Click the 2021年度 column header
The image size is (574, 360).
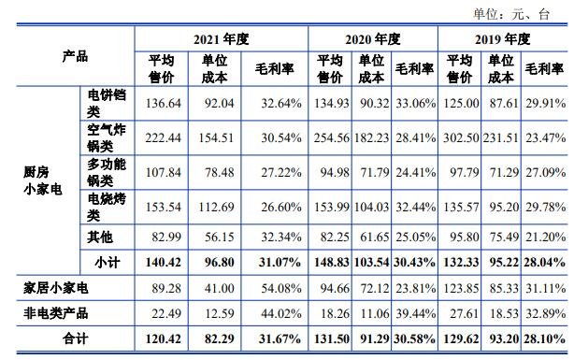point(222,39)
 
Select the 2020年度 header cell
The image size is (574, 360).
point(372,39)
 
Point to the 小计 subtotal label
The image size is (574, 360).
point(108,259)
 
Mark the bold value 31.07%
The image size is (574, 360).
point(278,259)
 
